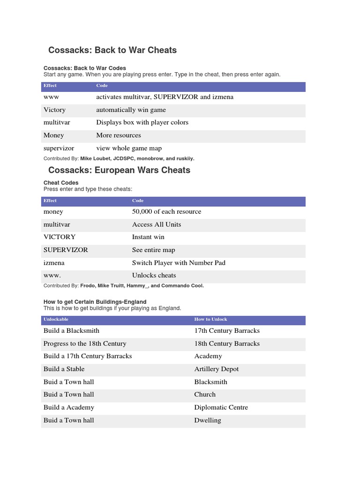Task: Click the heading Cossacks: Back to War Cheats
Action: pos(112,50)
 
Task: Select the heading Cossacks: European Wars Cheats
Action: pos(119,170)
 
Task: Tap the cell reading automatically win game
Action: pos(131,110)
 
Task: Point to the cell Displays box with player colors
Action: pos(142,122)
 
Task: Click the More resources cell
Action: pos(119,135)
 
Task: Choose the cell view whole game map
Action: pos(129,148)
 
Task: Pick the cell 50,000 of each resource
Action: pos(166,211)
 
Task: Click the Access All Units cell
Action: pos(157,224)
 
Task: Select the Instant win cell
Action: pos(148,237)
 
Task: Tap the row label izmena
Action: pos(54,262)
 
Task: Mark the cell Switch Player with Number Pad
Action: pos(179,262)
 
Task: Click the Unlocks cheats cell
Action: pos(154,275)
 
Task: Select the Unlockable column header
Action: pos(56,319)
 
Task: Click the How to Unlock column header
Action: pos(210,319)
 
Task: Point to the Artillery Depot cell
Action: pos(217,369)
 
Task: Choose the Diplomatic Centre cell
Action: pos(221,407)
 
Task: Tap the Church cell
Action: pos(205,394)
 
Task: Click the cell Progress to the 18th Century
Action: pos(85,343)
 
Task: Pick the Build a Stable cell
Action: pos(64,369)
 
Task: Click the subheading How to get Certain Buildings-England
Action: pos(95,302)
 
